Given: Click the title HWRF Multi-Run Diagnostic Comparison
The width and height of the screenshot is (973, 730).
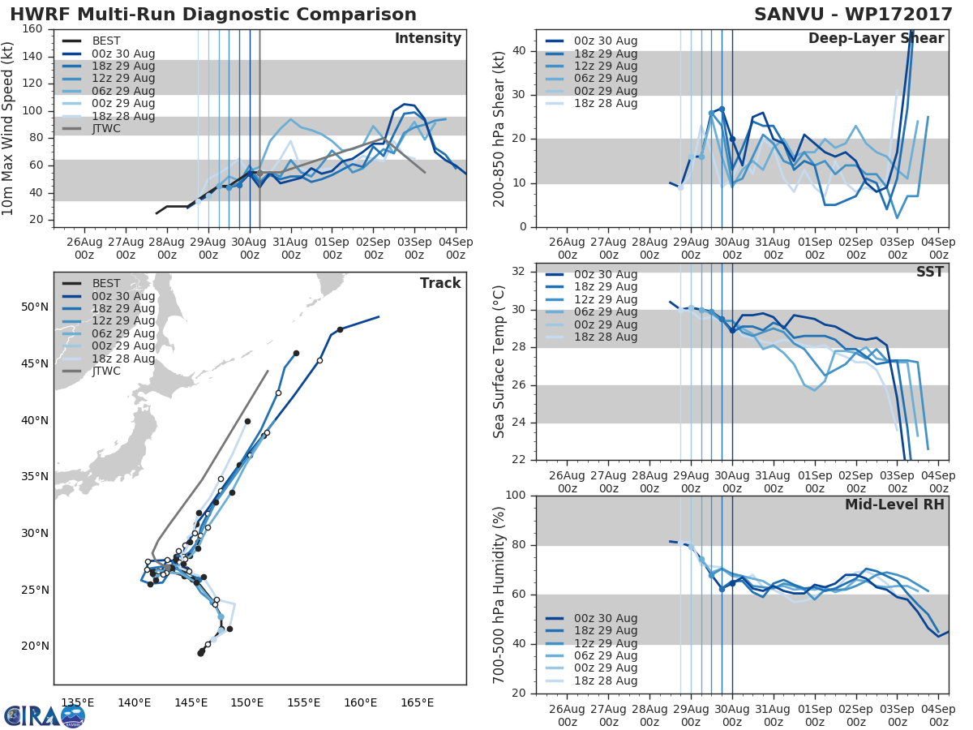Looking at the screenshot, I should click(213, 15).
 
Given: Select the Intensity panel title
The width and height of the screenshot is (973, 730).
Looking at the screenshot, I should click(427, 39).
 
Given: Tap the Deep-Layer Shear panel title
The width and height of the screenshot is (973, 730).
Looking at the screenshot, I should click(876, 39).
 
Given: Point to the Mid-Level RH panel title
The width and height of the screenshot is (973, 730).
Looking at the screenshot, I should click(894, 505).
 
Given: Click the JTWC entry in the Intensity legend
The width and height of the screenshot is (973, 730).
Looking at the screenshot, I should click(107, 129).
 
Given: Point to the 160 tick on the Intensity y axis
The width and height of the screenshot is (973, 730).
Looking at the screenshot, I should click(32, 30).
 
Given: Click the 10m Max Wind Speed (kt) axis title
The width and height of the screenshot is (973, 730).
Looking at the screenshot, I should click(9, 128).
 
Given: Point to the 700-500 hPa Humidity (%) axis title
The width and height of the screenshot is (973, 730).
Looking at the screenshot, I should click(499, 595).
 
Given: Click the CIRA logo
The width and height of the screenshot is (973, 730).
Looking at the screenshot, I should click(44, 716).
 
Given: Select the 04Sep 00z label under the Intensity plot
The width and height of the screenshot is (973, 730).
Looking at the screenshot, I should click(456, 247).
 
